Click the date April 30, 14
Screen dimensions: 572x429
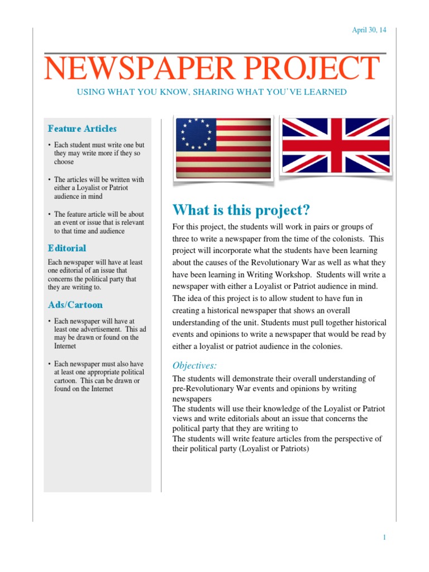(369, 30)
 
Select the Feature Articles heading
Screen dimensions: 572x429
(82, 128)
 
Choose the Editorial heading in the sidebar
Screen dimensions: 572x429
(67, 248)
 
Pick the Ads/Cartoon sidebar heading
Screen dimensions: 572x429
(75, 305)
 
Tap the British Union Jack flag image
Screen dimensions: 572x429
(335, 145)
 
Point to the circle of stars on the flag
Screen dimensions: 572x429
(196, 134)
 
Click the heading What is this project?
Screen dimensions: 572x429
(241, 210)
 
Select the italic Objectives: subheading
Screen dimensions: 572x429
(194, 366)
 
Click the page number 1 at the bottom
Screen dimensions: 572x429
(384, 537)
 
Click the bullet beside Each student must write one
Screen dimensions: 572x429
(50, 145)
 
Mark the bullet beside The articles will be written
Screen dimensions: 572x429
(50, 180)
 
